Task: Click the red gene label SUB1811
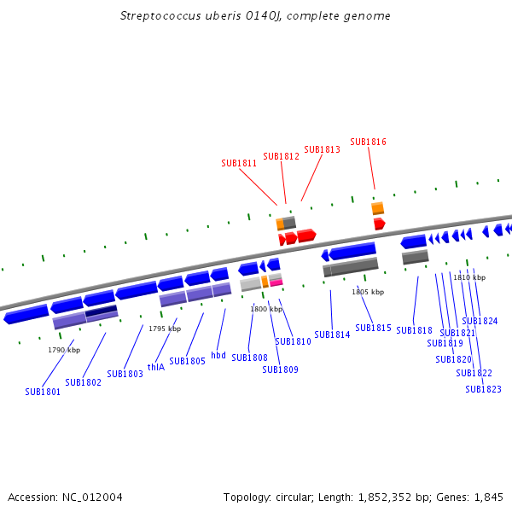[239, 163]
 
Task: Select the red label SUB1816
[368, 142]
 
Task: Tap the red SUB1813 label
[322, 149]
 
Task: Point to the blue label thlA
[156, 367]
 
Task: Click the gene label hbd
[218, 355]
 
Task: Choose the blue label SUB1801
[43, 393]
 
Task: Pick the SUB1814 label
[332, 335]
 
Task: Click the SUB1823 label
[483, 389]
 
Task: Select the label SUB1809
[280, 369]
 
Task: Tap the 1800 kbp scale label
[266, 309]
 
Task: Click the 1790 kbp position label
[64, 350]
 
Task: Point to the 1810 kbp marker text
[469, 277]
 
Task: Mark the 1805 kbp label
[368, 292]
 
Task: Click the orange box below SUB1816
[377, 208]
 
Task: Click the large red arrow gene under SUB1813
[306, 235]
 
